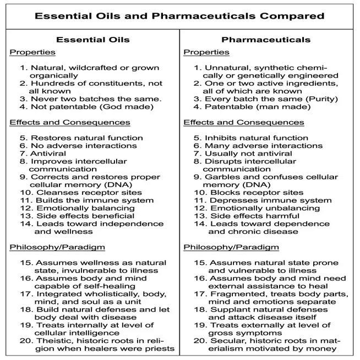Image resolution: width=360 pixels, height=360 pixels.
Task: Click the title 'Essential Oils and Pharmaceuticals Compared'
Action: coord(179,15)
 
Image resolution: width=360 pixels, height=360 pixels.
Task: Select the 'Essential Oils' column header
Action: coord(93,40)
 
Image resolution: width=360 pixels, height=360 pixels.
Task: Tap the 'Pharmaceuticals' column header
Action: coord(266,40)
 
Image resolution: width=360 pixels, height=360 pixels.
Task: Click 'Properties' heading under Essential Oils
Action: coord(32,52)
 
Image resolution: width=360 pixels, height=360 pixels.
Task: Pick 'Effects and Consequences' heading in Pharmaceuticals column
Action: coord(243,122)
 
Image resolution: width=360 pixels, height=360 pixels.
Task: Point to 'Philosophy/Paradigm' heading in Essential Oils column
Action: coord(57,247)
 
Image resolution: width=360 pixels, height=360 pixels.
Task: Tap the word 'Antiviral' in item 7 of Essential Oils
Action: coord(48,154)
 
